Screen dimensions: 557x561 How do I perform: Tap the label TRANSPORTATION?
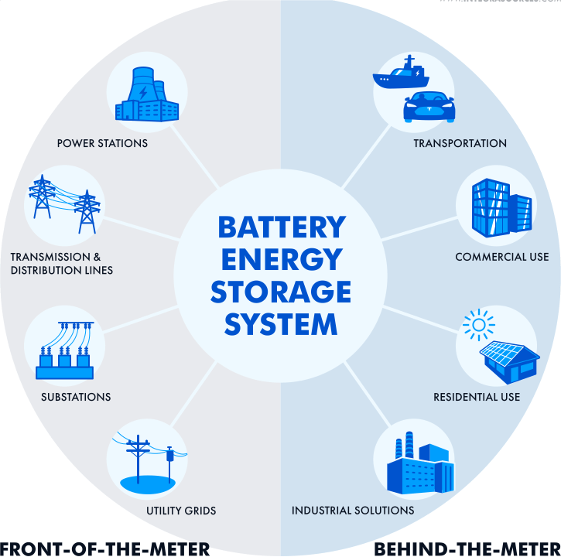coord(460,143)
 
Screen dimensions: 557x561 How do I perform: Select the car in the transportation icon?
coord(429,107)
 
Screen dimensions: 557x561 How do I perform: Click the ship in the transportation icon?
coord(400,74)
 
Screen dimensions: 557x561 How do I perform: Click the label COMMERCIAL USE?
coord(501,257)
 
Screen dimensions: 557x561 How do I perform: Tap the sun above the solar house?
coord(477,324)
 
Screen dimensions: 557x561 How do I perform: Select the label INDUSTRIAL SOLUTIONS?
coord(353,511)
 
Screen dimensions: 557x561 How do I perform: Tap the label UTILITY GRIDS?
coord(181,511)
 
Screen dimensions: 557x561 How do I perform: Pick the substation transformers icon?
coord(64,351)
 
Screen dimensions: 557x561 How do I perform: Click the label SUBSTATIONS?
coord(76,397)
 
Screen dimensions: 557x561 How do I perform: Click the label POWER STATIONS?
coord(102,143)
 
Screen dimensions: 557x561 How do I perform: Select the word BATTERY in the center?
coord(281,227)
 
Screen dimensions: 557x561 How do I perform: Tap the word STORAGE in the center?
coord(281,292)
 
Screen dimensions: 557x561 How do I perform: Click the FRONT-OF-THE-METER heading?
coord(105,548)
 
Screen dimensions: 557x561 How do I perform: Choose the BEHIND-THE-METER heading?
coord(467,548)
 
